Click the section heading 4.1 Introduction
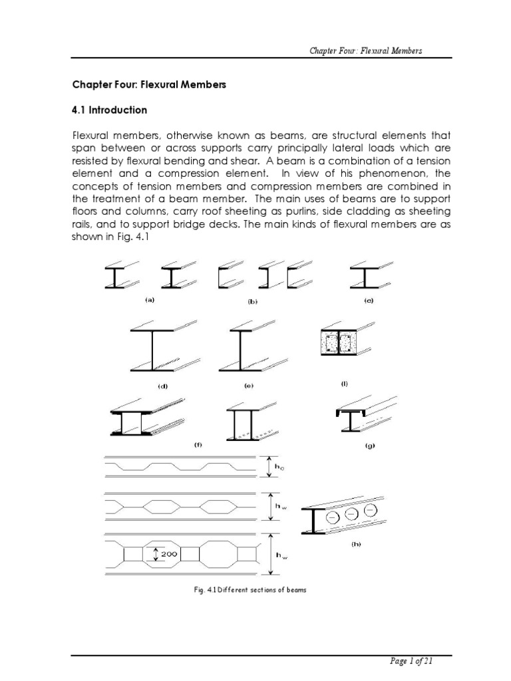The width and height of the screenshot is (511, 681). [109, 110]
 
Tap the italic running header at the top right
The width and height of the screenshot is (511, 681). [377, 51]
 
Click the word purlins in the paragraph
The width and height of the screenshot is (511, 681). [308, 211]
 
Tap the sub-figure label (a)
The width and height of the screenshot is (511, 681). [150, 300]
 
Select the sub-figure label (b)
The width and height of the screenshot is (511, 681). [252, 301]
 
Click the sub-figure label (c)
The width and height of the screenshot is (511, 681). [369, 301]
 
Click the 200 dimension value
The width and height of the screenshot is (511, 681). [166, 553]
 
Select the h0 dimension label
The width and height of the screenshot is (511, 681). [280, 468]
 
